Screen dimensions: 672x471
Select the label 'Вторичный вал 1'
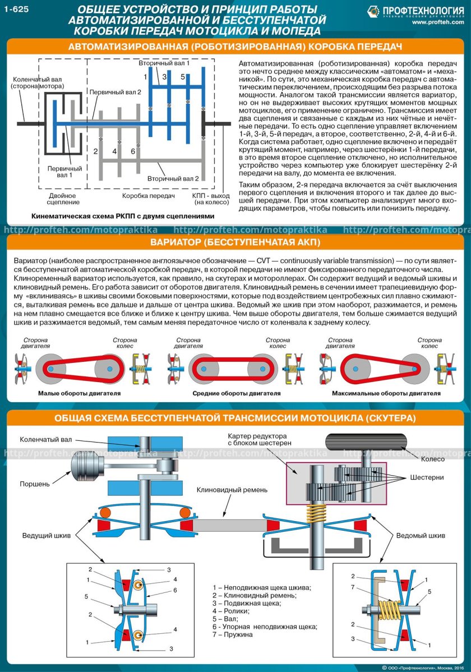coord(164,63)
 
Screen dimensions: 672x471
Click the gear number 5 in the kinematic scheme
coord(183,76)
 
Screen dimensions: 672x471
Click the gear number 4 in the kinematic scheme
coord(114,151)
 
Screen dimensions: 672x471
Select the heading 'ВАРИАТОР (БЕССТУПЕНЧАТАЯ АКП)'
coord(235,243)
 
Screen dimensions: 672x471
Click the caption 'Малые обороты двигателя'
coord(79,394)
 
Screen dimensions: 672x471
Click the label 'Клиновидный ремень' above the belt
coord(232,490)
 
